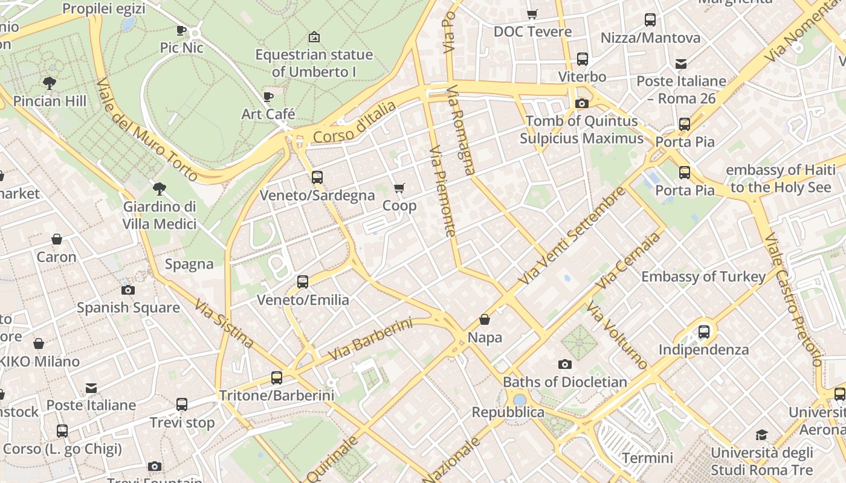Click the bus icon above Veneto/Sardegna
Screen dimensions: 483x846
pyautogui.click(x=317, y=178)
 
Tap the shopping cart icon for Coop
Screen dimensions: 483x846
pyautogui.click(x=399, y=188)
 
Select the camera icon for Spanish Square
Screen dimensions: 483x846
pyautogui.click(x=128, y=290)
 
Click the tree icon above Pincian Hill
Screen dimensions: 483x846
pyautogui.click(x=50, y=83)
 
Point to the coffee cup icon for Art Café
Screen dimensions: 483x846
pyautogui.click(x=268, y=97)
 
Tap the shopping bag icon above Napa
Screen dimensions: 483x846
pyautogui.click(x=484, y=319)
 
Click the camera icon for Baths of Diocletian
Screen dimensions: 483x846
pyautogui.click(x=564, y=364)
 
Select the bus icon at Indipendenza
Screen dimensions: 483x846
pyautogui.click(x=703, y=331)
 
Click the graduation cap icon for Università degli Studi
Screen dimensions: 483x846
pyautogui.click(x=761, y=435)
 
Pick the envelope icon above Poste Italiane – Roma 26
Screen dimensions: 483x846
pyautogui.click(x=681, y=63)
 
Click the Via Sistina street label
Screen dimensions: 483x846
pyautogui.click(x=224, y=323)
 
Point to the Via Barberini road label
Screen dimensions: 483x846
pyautogui.click(x=370, y=339)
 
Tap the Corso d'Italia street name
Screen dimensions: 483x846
pyautogui.click(x=355, y=123)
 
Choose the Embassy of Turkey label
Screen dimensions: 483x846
pyautogui.click(x=703, y=277)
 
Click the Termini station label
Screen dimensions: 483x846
pyautogui.click(x=647, y=457)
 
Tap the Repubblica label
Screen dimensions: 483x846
pyautogui.click(x=508, y=412)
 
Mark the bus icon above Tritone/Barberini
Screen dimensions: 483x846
pyautogui.click(x=276, y=378)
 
